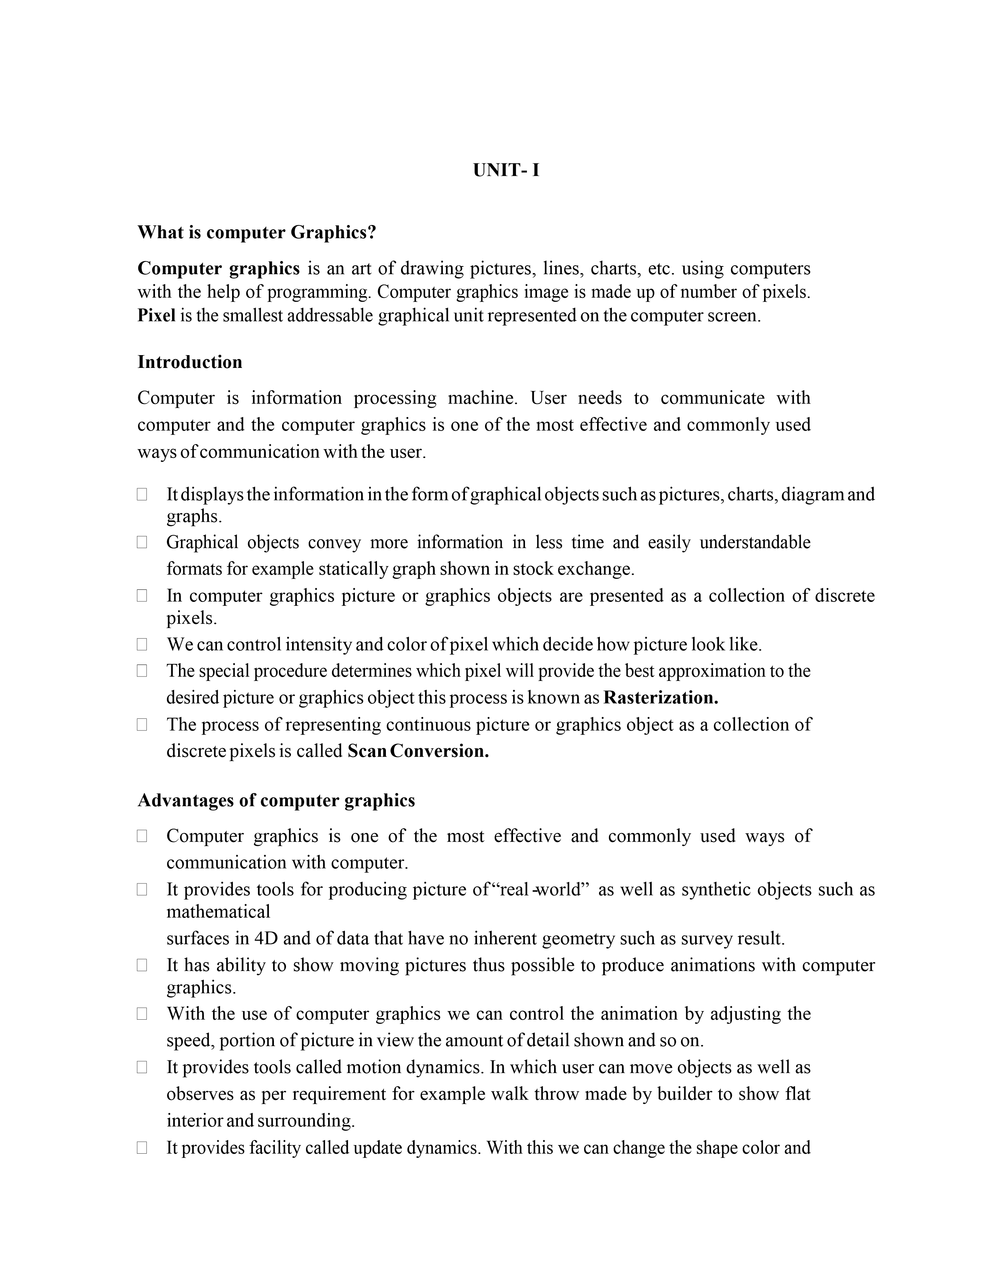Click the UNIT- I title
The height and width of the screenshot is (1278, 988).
[x=506, y=170]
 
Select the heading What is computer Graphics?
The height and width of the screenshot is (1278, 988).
[x=256, y=232]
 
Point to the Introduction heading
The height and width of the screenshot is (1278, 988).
[x=189, y=362]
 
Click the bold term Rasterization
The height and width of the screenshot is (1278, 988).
[x=660, y=697]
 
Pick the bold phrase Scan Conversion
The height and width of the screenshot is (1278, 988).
[x=418, y=751]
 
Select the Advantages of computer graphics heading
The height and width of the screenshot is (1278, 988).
[x=276, y=800]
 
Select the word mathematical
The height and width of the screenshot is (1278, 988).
[x=218, y=912]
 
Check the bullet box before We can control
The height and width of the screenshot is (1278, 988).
[x=142, y=644]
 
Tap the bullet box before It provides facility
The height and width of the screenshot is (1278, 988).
[x=142, y=1148]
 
